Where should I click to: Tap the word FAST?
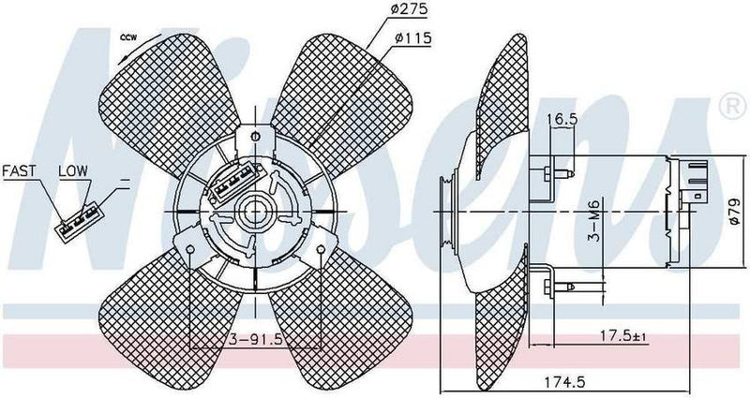coord(20,171)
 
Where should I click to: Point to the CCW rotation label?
coord(129,37)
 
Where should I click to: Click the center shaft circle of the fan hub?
coord(253,212)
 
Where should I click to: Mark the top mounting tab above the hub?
coord(253,140)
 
